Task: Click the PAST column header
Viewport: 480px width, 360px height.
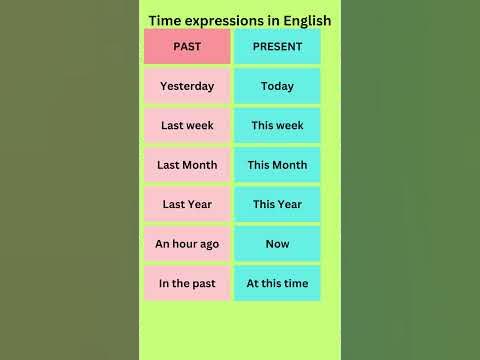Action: (187, 47)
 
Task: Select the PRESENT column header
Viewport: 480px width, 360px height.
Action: (277, 47)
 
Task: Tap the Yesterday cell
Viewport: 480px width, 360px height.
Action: (187, 86)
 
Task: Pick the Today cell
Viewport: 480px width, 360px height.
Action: (277, 86)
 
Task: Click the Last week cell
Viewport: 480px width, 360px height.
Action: (187, 126)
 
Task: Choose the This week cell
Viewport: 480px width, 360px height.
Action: (277, 126)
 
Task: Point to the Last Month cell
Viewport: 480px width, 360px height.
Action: (187, 165)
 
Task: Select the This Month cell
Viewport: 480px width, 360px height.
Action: (277, 165)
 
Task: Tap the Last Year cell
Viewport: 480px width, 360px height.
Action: (187, 204)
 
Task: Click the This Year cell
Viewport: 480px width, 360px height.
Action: (277, 204)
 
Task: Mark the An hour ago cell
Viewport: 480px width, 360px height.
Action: (187, 244)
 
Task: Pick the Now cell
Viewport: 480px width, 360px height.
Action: (277, 244)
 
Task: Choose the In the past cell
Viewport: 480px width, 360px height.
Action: (187, 283)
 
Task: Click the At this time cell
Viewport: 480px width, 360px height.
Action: (277, 283)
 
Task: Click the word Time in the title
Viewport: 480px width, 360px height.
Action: (166, 19)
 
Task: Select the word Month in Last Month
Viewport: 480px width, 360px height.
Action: (201, 165)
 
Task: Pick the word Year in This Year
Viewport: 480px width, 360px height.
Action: (290, 204)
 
